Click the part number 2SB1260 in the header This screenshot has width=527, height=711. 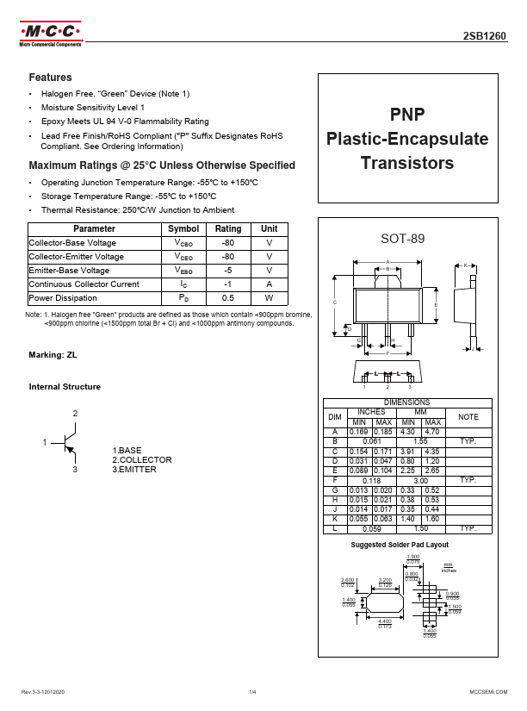[x=490, y=38]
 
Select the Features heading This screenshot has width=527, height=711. [x=51, y=78]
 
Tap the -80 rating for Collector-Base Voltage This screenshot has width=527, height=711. [x=228, y=243]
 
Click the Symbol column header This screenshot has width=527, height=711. [x=183, y=229]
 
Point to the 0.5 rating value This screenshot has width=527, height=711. [x=228, y=298]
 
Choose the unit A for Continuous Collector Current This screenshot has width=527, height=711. [x=270, y=284]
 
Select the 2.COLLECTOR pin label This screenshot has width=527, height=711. [x=142, y=460]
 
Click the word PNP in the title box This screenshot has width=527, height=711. [x=407, y=115]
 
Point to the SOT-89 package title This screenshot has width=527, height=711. [x=407, y=238]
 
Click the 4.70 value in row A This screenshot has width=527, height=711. [x=432, y=431]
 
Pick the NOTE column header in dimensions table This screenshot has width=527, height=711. [x=468, y=416]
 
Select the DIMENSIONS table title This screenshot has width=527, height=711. [x=407, y=402]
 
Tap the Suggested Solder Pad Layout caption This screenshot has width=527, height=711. [x=400, y=545]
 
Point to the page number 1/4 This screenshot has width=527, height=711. [x=253, y=692]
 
